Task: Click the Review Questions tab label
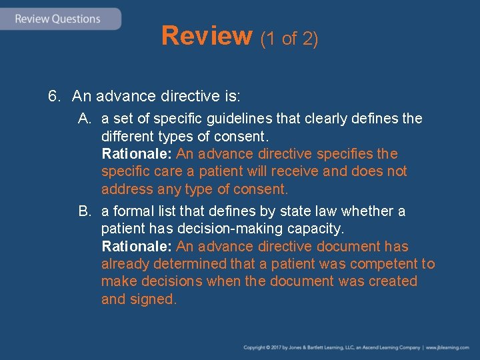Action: [x=57, y=19]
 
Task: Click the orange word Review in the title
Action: [x=207, y=36]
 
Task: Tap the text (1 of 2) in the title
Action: [x=289, y=39]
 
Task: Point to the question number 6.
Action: [x=54, y=97]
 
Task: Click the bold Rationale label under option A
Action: [x=136, y=154]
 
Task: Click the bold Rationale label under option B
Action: [x=136, y=247]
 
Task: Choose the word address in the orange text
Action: [x=127, y=189]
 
